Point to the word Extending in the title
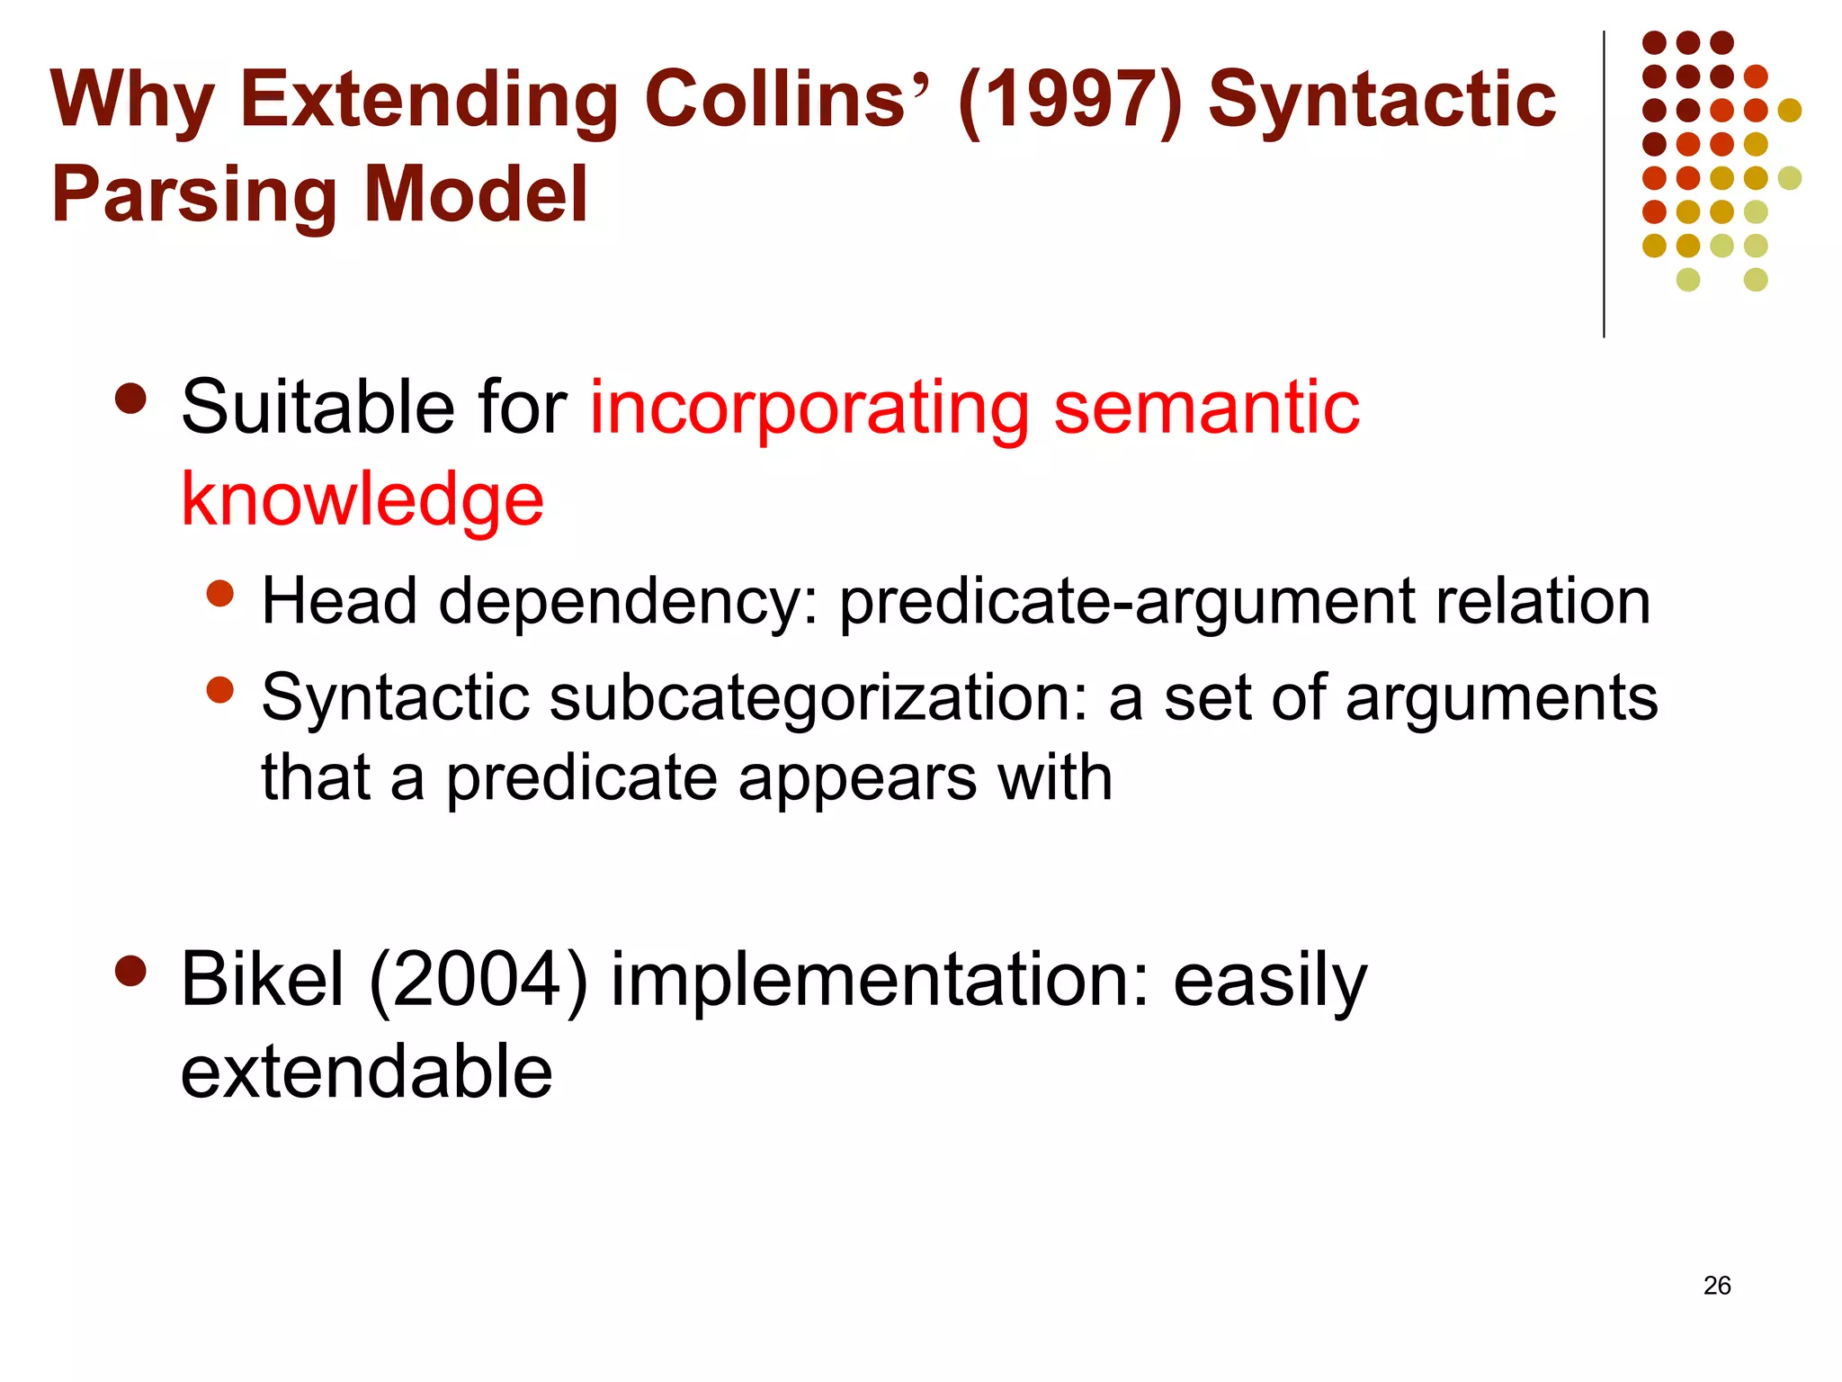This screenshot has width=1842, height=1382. [x=428, y=101]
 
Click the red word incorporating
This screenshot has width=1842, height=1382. [x=809, y=409]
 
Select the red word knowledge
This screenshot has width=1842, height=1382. [x=362, y=500]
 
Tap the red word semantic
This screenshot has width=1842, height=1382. [x=1206, y=408]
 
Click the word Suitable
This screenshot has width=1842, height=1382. [x=317, y=408]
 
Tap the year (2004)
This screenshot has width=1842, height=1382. [x=478, y=981]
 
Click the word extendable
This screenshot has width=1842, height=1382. [x=366, y=1072]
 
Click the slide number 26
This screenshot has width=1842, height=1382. [x=1716, y=1286]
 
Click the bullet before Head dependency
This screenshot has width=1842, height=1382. [x=219, y=594]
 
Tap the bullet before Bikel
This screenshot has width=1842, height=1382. [x=131, y=971]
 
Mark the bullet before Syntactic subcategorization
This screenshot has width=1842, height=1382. [x=219, y=690]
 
